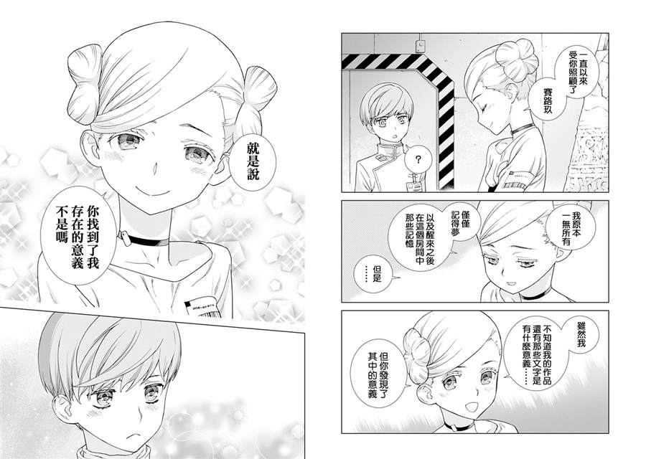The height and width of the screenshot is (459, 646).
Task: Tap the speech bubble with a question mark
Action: click(418, 161)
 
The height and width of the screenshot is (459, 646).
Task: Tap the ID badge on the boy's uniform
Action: click(417, 187)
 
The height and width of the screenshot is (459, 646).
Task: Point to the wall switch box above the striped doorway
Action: click(421, 46)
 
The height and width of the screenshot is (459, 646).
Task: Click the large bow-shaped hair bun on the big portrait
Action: click(85, 84)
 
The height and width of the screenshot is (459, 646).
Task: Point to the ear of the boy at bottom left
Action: click(65, 410)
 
